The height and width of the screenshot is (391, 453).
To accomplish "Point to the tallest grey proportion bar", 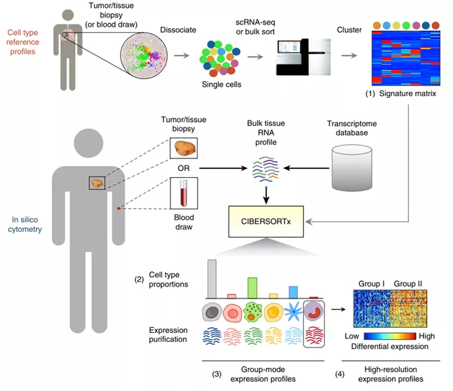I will click(211, 279).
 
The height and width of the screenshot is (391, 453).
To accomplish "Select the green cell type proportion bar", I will click(252, 287).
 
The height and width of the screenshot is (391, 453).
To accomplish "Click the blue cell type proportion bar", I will click(294, 291).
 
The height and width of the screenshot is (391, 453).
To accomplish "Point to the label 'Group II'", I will click(407, 284).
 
